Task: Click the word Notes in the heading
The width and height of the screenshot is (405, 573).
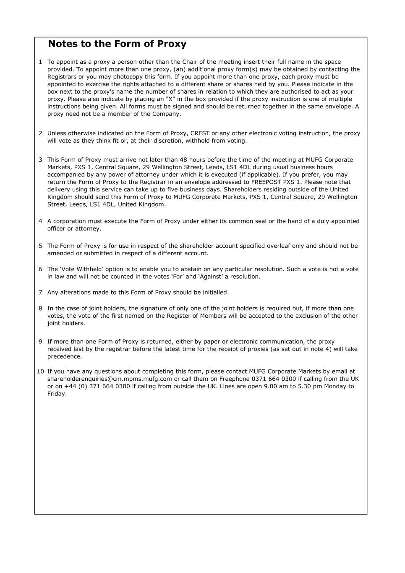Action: point(63,44)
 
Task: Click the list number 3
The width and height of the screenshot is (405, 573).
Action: point(40,160)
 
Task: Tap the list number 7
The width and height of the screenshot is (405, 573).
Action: point(40,293)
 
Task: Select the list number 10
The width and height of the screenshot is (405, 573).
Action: point(40,372)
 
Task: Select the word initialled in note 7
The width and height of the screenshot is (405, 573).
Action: point(214,293)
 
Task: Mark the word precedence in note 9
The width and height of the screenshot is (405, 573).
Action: point(64,357)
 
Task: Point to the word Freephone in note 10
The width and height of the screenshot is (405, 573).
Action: point(234,379)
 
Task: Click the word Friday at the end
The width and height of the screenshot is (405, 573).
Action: point(56,394)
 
